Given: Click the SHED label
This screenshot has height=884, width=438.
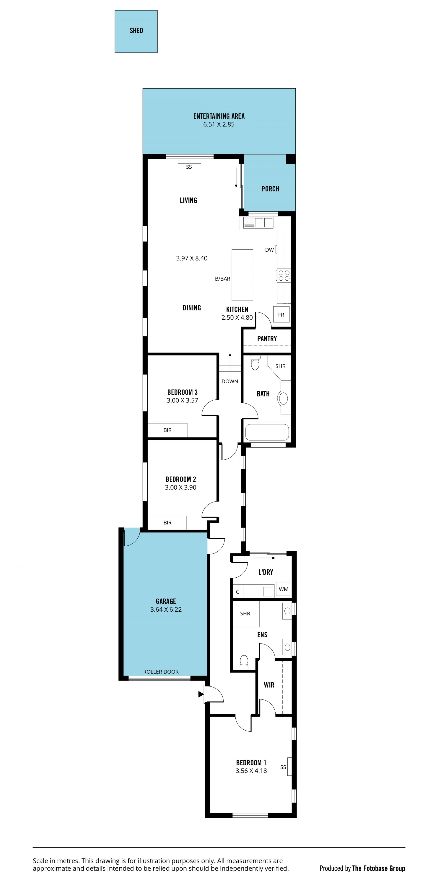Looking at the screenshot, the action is pyautogui.click(x=136, y=31).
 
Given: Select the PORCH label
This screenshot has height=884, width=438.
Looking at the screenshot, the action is pyautogui.click(x=270, y=189).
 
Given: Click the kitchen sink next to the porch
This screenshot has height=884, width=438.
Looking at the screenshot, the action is pyautogui.click(x=258, y=223).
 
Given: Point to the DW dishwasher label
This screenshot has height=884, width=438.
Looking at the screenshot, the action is pyautogui.click(x=269, y=250).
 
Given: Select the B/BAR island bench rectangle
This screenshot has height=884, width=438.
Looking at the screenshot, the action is pyautogui.click(x=242, y=275).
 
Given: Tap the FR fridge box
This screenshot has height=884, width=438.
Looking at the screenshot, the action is pyautogui.click(x=281, y=314).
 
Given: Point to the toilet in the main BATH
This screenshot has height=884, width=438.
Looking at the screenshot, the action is pyautogui.click(x=255, y=363).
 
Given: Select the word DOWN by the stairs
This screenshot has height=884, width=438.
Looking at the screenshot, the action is pyautogui.click(x=230, y=381).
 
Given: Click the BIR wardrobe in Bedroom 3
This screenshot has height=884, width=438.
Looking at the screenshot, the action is pyautogui.click(x=167, y=430).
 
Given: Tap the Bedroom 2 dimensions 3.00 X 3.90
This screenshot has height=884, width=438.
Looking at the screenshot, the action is pyautogui.click(x=180, y=487).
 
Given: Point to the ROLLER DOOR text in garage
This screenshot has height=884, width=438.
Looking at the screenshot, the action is pyautogui.click(x=161, y=672).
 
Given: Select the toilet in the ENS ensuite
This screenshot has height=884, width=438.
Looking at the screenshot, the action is pyautogui.click(x=244, y=662).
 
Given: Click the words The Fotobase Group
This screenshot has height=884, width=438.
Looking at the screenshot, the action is pyautogui.click(x=379, y=868).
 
